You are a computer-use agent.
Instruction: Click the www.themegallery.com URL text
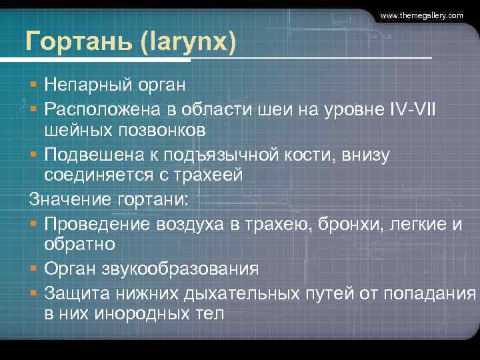pos(421,15)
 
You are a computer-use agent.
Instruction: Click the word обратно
pos(79,245)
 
